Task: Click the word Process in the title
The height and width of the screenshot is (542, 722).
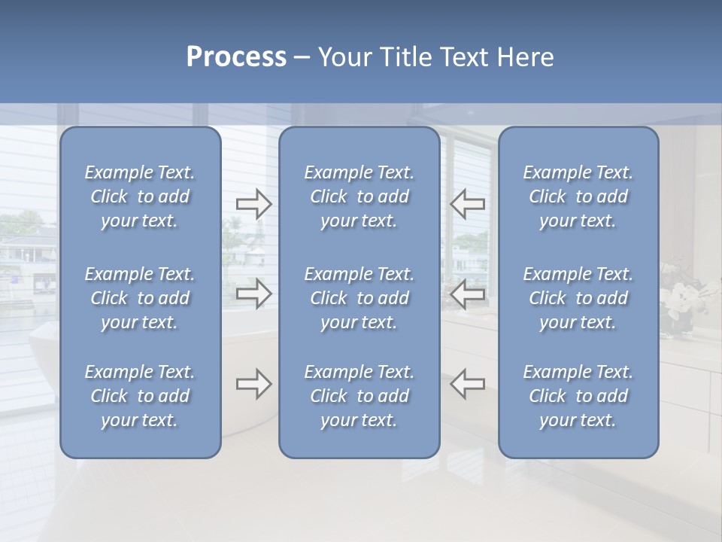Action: (x=236, y=57)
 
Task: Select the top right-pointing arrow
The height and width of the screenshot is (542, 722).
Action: (x=253, y=203)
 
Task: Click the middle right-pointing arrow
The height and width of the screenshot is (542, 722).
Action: (x=253, y=294)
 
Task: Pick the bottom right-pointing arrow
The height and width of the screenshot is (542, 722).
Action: (x=253, y=384)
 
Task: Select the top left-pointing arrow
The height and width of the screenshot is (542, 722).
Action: (x=467, y=203)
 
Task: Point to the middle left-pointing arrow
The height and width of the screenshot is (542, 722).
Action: (x=467, y=294)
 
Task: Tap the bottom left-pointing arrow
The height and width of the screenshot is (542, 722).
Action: (x=467, y=384)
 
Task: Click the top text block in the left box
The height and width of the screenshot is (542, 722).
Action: (x=140, y=196)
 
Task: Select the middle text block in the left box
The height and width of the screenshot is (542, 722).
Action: (x=140, y=298)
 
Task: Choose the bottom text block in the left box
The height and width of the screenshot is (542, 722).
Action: (x=140, y=396)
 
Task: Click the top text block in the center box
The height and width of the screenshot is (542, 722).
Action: (x=359, y=196)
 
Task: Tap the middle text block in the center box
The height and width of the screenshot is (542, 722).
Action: (x=359, y=298)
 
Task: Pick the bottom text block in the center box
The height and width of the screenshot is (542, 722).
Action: (x=359, y=396)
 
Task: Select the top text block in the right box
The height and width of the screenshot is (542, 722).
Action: (x=578, y=196)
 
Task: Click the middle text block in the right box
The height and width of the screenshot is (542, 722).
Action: (x=578, y=298)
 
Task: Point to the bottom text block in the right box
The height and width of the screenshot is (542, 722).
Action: (x=578, y=396)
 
